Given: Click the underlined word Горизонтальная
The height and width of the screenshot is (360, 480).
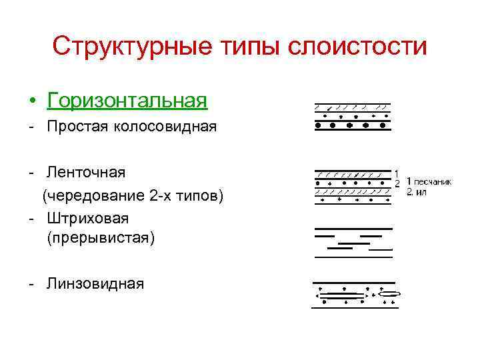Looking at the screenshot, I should pos(127,101).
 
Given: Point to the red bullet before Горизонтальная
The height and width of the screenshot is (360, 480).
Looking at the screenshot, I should pos(33,102).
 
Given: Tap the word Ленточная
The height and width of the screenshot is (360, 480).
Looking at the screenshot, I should pos(86,173).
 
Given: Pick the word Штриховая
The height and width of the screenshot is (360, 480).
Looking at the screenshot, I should pos(87,218).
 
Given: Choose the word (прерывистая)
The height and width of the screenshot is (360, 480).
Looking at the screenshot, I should pos(100,238).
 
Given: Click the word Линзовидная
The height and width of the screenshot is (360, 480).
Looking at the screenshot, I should pos(95,284).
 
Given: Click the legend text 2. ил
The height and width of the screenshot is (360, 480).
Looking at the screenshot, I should pos(418,192).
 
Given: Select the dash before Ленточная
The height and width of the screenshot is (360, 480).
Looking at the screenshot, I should pos(31,173).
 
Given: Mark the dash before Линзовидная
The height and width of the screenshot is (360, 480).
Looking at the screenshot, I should pos(31,285).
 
